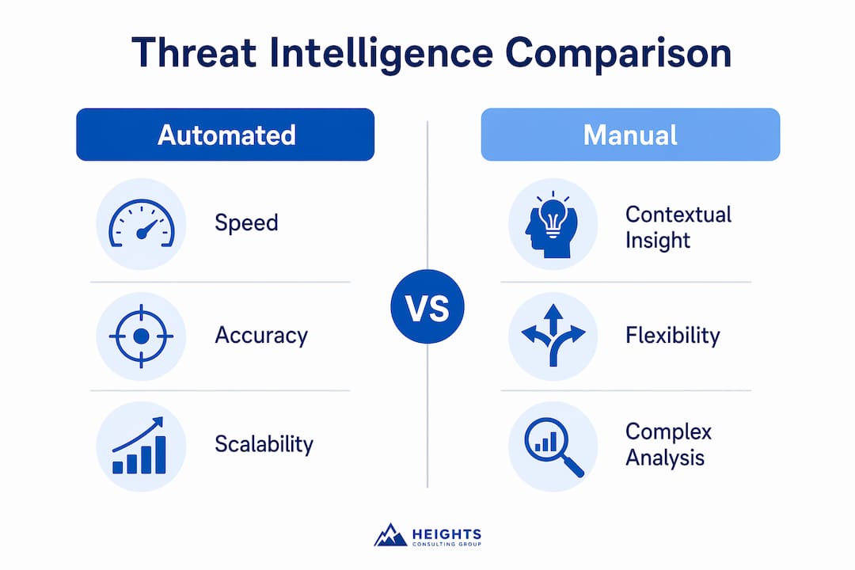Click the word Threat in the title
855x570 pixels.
(x=194, y=53)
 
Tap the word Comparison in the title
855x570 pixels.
(x=618, y=54)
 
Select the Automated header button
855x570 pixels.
(x=225, y=135)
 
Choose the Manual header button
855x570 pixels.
(x=630, y=135)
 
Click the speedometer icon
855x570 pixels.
(x=142, y=223)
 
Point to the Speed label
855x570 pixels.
(x=246, y=223)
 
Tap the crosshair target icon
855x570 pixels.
(x=141, y=336)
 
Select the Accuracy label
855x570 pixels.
(x=261, y=336)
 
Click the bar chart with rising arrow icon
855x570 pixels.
(x=139, y=446)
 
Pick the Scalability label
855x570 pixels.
(x=264, y=444)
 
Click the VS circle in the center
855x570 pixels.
(x=427, y=306)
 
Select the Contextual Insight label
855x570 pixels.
(x=678, y=227)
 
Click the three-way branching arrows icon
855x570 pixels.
(x=553, y=335)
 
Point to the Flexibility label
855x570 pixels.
(x=673, y=336)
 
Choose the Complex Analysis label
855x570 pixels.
(x=668, y=445)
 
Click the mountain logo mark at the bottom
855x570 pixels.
(x=390, y=535)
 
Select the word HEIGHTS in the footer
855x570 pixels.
(x=446, y=534)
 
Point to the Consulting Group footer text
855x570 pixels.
(x=446, y=544)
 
